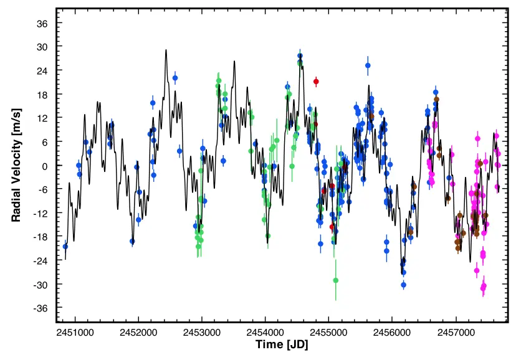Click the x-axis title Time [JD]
(x=282, y=344)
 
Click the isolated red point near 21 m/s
(x=316, y=82)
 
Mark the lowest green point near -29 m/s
(x=335, y=280)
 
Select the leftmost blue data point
(x=65, y=246)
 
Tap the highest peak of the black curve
(x=166, y=50)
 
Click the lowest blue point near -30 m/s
(x=403, y=285)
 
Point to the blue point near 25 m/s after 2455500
(x=368, y=65)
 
